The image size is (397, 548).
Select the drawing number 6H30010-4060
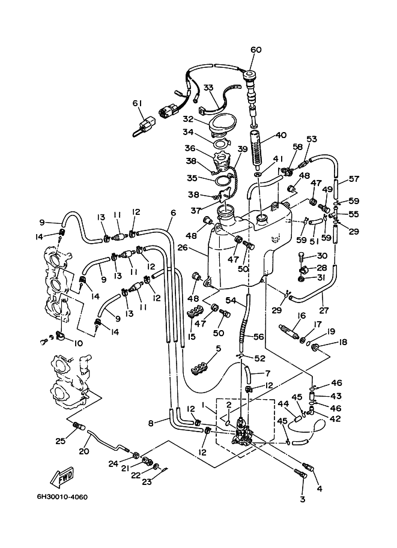(62, 497)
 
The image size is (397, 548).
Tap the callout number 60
(256, 50)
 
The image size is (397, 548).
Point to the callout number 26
(193, 248)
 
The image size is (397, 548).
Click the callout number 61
(138, 103)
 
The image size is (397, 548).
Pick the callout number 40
(280, 135)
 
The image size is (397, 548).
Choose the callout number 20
(84, 451)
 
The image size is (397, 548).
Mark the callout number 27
(324, 310)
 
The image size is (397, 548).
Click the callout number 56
(258, 337)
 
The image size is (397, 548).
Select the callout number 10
(77, 343)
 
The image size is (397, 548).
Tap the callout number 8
(151, 423)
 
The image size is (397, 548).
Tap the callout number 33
(208, 87)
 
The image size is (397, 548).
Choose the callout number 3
(303, 499)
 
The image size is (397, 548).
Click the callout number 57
(354, 179)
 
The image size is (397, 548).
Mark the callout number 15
(191, 337)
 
